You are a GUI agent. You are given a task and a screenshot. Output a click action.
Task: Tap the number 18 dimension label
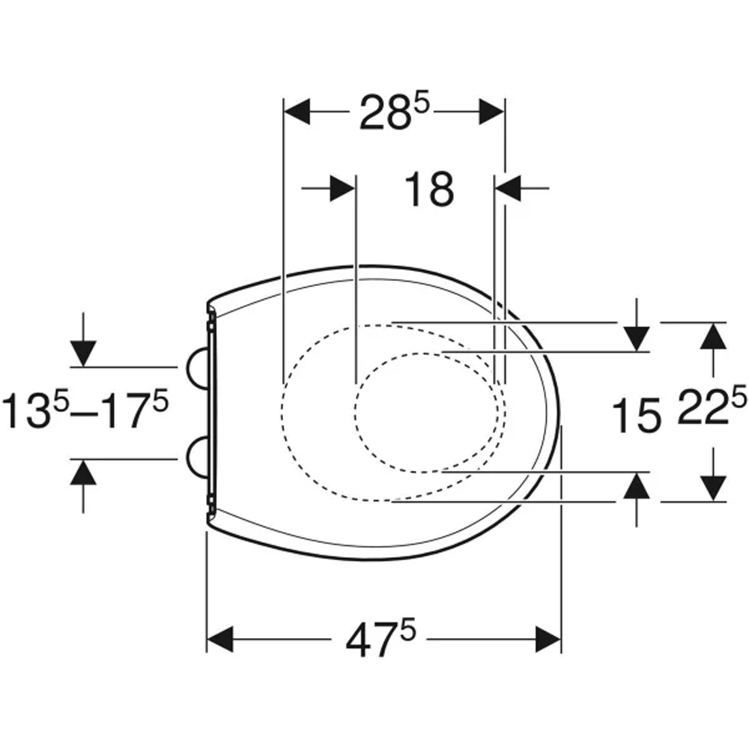pos(429,189)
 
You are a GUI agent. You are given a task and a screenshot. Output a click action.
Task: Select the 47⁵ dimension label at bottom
pos(380,639)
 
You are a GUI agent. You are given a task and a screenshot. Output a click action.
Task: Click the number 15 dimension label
pos(636,416)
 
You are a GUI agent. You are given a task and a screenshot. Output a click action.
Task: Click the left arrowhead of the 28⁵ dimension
pos(297,112)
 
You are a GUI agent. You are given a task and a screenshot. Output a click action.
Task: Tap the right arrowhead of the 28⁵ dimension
pos(491,112)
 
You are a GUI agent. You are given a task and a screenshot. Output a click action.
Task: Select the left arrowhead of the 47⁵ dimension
pos(220,639)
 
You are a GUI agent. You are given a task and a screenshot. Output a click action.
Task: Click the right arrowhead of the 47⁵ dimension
pos(548,639)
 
